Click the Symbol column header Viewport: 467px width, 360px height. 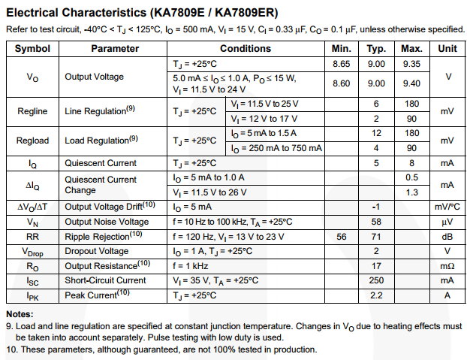pyautogui.click(x=32, y=48)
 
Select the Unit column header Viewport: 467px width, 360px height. pyautogui.click(x=447, y=48)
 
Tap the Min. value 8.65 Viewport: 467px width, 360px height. pyautogui.click(x=341, y=64)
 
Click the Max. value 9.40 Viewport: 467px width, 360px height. pyautogui.click(x=411, y=83)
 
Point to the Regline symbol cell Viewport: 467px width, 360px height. pyautogui.click(x=32, y=111)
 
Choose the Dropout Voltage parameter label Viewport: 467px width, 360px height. pyautogui.click(x=96, y=251)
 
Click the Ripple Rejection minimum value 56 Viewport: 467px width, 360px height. pyautogui.click(x=342, y=236)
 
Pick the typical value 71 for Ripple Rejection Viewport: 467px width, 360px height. pyautogui.click(x=376, y=236)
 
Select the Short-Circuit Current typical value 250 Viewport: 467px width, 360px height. pyautogui.click(x=376, y=280)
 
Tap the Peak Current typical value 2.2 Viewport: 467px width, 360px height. pyautogui.click(x=376, y=295)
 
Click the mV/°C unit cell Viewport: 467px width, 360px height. pyautogui.click(x=447, y=207)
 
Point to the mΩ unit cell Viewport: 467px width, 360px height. pyautogui.click(x=447, y=265)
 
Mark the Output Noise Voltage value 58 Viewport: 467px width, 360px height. pyautogui.click(x=376, y=222)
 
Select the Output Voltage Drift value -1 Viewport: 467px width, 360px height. pyautogui.click(x=376, y=207)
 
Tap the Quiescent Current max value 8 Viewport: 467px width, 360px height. pyautogui.click(x=411, y=163)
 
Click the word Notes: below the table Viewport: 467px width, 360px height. pyautogui.click(x=20, y=314)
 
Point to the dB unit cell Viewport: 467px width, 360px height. pyautogui.click(x=447, y=236)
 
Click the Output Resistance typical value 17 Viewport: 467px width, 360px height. pyautogui.click(x=376, y=265)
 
